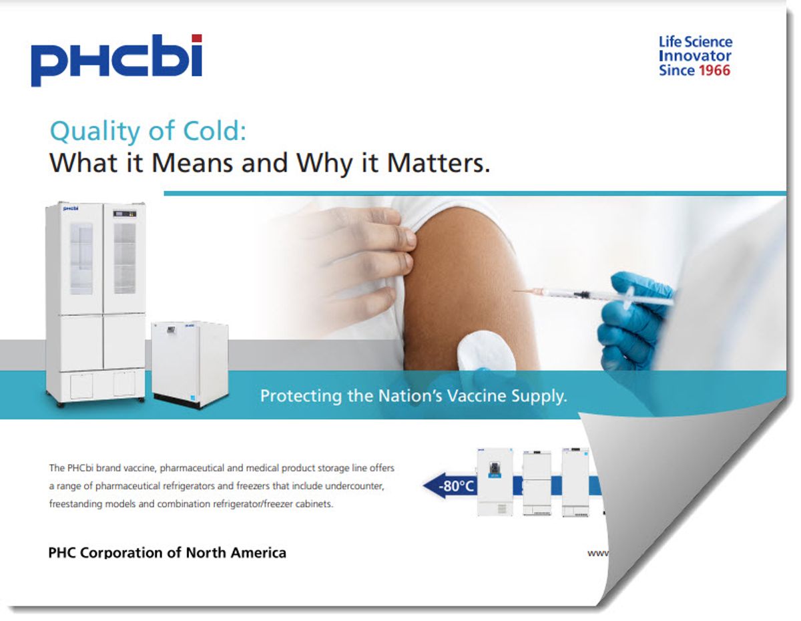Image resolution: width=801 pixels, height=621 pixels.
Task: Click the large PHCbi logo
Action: click(117, 60)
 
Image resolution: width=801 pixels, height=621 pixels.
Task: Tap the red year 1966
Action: click(714, 70)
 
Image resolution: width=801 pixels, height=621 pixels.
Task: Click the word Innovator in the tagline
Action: click(695, 56)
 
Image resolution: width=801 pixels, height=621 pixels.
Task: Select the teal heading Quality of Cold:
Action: click(148, 132)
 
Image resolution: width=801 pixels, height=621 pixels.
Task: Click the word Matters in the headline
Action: click(439, 163)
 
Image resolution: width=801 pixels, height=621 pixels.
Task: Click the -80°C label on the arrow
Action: click(456, 486)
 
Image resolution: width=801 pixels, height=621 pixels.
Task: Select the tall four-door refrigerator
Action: click(95, 303)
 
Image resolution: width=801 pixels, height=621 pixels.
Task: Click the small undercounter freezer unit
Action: click(190, 364)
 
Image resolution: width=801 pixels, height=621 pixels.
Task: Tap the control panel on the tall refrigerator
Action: click(124, 214)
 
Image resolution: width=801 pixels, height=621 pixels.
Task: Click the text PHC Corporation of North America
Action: click(168, 552)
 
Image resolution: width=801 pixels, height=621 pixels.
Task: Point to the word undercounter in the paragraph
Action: click(354, 486)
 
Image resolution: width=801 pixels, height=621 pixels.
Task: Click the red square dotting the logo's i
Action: click(197, 39)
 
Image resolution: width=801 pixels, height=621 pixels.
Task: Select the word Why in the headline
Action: click(324, 164)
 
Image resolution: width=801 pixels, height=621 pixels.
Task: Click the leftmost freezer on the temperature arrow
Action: click(495, 482)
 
